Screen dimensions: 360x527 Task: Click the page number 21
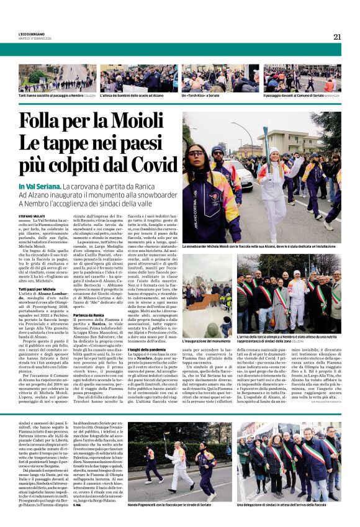click(337, 37)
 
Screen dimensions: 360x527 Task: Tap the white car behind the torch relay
click(245, 174)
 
